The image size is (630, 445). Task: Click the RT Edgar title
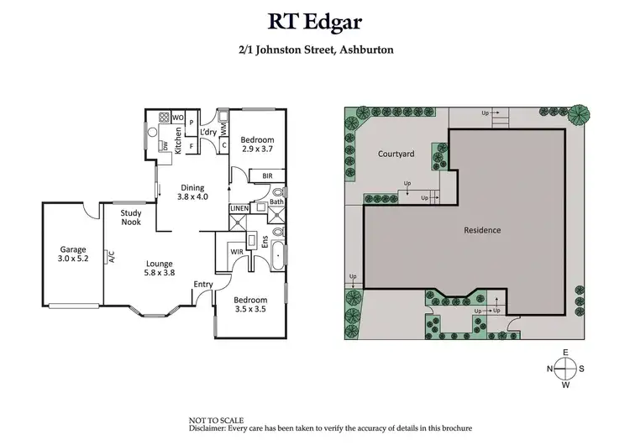coord(315,19)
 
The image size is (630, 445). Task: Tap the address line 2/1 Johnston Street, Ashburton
coord(315,50)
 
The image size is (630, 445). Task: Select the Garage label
coord(72,254)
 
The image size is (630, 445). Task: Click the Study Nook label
coord(130,218)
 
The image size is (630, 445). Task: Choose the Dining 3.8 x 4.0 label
coord(192,192)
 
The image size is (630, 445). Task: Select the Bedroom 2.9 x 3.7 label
coord(257,144)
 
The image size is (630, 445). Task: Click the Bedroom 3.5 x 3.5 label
coord(250,305)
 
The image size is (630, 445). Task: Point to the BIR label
coord(267,175)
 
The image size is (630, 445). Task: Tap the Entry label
coord(202,284)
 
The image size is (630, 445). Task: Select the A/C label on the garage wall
coord(110,257)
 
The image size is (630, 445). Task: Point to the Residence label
coord(483,229)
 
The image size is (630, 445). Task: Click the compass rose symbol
coord(568,368)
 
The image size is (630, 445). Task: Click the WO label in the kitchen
coord(178,118)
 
